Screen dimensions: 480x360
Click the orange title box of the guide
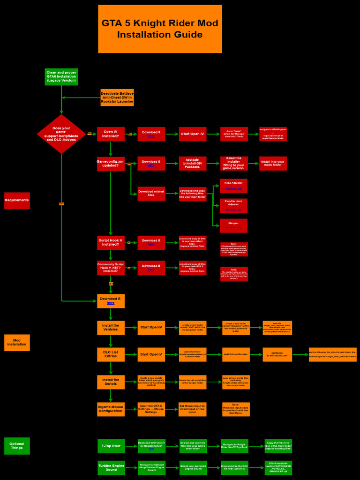(x=159, y=29)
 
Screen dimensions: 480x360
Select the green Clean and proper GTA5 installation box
(x=61, y=77)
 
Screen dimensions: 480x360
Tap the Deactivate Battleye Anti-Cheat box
(x=117, y=97)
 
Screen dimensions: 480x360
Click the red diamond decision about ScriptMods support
(x=61, y=134)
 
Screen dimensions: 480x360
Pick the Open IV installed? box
(x=111, y=134)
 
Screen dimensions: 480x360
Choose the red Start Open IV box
(x=193, y=134)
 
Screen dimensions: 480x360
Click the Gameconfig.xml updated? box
(x=111, y=164)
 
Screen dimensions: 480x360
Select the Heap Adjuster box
(x=233, y=186)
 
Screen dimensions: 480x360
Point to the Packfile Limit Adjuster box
(x=233, y=206)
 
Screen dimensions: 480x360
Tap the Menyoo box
(x=233, y=225)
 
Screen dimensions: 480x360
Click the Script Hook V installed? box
(x=111, y=242)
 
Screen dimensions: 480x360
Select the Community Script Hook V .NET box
(x=111, y=268)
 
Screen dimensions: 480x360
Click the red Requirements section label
(x=17, y=201)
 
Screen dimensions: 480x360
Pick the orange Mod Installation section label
(x=17, y=343)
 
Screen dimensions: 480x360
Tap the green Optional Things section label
(x=17, y=446)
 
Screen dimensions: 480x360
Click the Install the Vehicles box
(x=111, y=328)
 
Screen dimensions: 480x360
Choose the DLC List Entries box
(x=111, y=354)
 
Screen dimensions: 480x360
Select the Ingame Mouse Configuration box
(x=111, y=409)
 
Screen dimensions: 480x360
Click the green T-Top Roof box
(x=111, y=446)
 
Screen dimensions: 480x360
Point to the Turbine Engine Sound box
(x=111, y=468)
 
